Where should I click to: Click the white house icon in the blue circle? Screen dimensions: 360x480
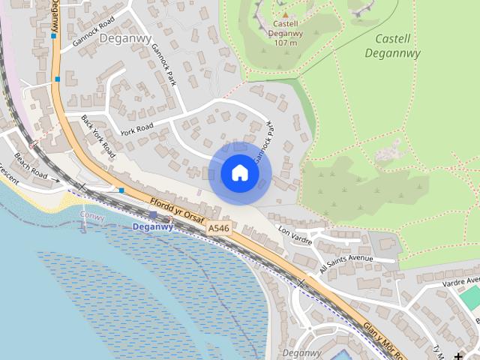click(239, 172)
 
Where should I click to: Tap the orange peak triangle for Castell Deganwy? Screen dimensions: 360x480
click(284, 14)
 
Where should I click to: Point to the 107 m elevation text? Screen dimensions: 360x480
click(284, 43)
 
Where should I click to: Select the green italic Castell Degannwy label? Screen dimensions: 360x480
click(392, 46)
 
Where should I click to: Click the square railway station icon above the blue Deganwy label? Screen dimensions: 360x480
click(153, 215)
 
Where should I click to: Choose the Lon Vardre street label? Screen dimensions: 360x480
click(294, 233)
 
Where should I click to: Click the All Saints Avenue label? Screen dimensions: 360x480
click(346, 262)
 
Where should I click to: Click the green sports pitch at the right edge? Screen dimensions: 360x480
click(470, 297)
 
